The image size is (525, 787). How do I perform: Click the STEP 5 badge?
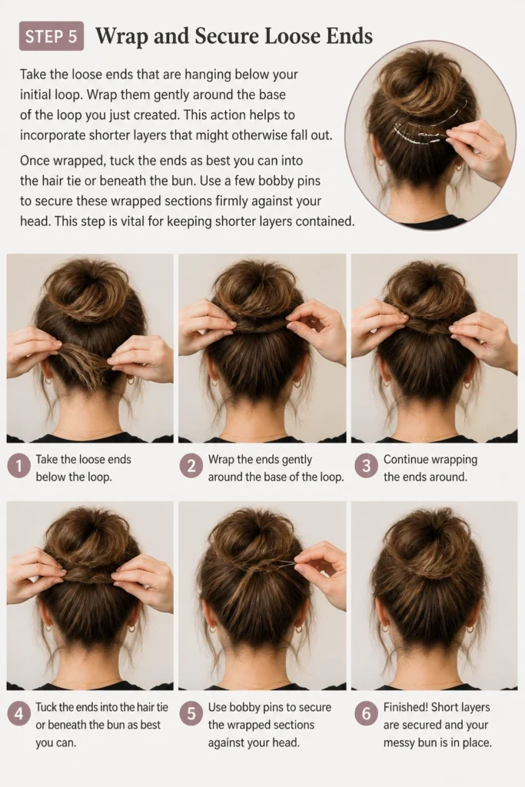pos(52,36)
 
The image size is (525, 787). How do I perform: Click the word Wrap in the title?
pos(121,37)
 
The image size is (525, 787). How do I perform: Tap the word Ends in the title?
pos(349,36)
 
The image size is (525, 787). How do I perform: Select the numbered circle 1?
pos(18,467)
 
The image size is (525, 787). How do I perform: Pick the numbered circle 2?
pos(191,467)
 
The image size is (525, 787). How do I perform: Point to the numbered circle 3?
pos(366,467)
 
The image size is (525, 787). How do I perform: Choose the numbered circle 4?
pos(18,714)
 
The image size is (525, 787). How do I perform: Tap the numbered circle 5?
pos(191,714)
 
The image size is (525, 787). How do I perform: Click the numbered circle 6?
pos(366,714)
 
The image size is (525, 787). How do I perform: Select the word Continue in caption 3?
pos(406,460)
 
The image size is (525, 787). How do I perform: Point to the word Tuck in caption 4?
pos(45,707)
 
